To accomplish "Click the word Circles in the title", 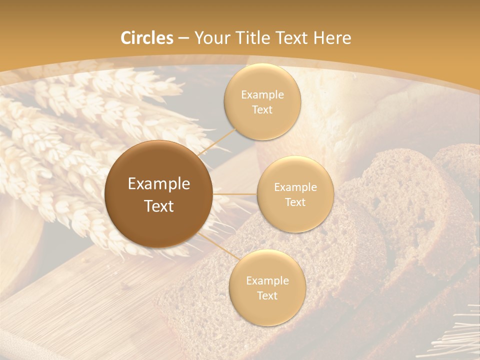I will click(x=147, y=38).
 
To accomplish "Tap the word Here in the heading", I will click(x=332, y=38).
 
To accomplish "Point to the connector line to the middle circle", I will click(x=235, y=193).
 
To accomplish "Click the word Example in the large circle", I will click(x=158, y=184).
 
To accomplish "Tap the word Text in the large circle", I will click(x=158, y=206).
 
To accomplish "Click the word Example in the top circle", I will click(x=262, y=95).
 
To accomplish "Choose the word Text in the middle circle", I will click(x=295, y=202).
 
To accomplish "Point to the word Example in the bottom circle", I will click(x=267, y=281).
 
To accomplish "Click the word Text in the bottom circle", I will click(x=267, y=296).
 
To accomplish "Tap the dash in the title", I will click(x=183, y=38).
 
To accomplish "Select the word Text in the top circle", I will click(x=262, y=110).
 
